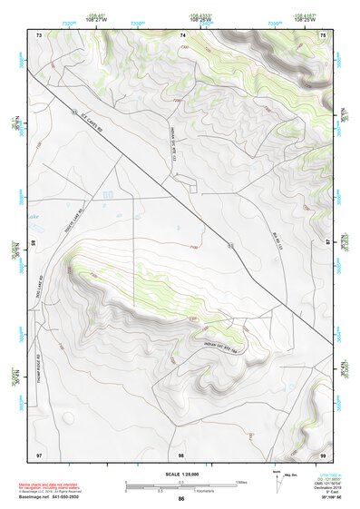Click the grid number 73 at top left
click(x=39, y=34)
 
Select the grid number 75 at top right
click(x=324, y=34)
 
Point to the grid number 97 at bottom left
click(x=39, y=453)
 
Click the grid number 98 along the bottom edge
click(x=181, y=453)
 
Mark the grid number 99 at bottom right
click(x=324, y=453)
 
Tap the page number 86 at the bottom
click(x=181, y=500)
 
